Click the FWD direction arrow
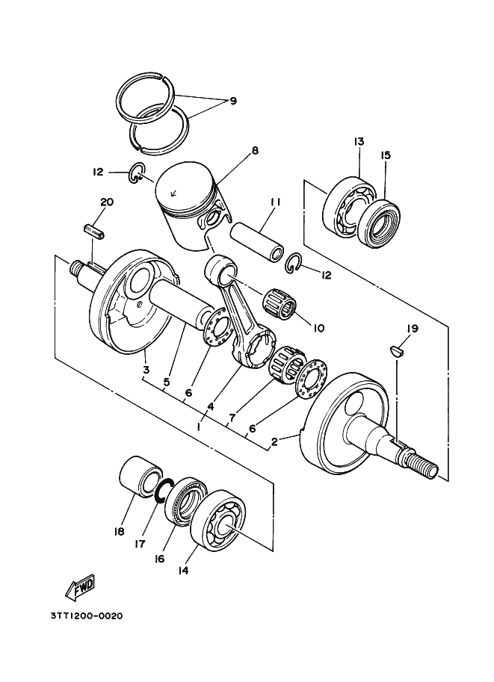tap(80, 587)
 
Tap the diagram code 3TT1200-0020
tap(86, 616)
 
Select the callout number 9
tap(233, 101)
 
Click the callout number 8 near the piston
tap(255, 150)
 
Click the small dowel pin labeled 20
tap(95, 230)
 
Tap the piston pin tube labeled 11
tap(258, 242)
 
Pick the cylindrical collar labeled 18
tap(140, 477)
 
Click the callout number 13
tap(359, 141)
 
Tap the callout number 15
tap(385, 155)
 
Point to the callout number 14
tap(183, 570)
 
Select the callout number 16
tap(160, 559)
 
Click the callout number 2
tap(274, 442)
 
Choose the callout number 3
tap(146, 371)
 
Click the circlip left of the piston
tap(137, 173)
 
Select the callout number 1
tap(199, 427)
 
